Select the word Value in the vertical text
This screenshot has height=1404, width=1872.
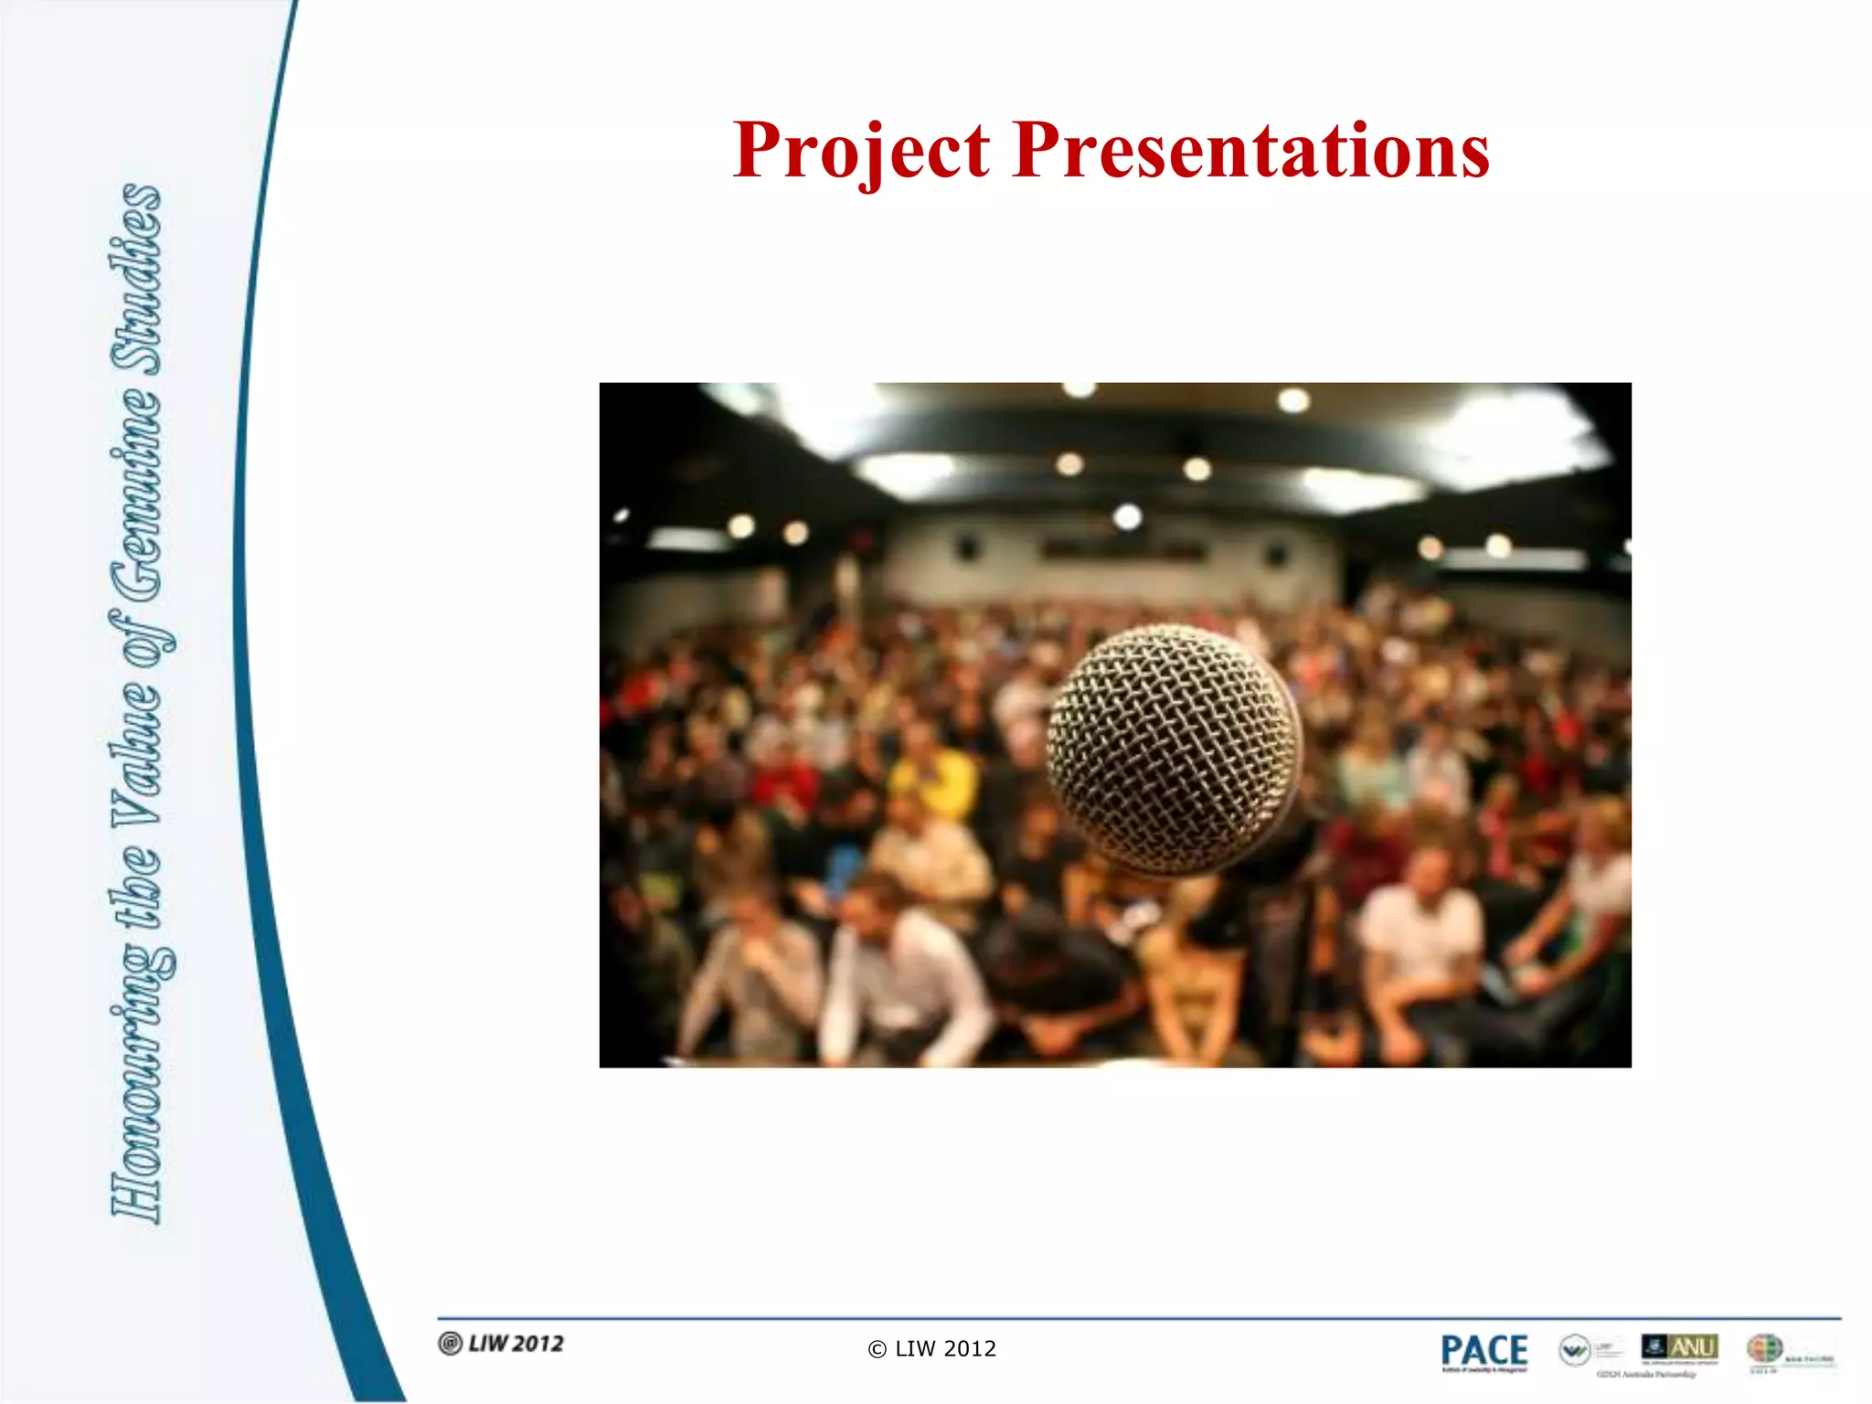137,750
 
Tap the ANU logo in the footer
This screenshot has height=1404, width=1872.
1680,1347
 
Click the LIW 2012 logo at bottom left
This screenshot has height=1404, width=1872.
502,1344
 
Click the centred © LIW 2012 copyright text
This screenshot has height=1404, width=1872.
932,1349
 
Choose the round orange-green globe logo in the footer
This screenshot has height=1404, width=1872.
1764,1348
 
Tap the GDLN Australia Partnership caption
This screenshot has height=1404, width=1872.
1645,1374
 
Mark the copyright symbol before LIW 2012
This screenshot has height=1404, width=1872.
877,1350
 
